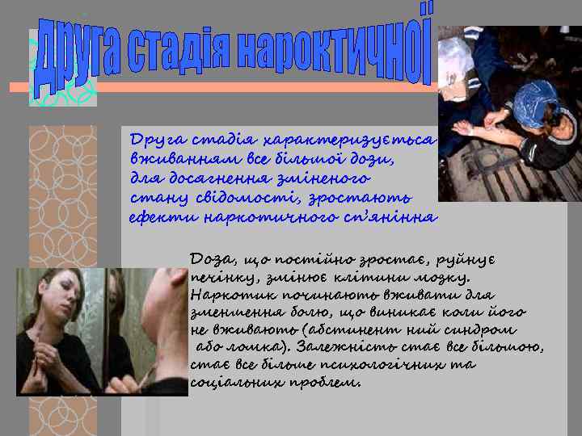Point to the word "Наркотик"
[222, 296]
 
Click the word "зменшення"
[227, 314]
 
